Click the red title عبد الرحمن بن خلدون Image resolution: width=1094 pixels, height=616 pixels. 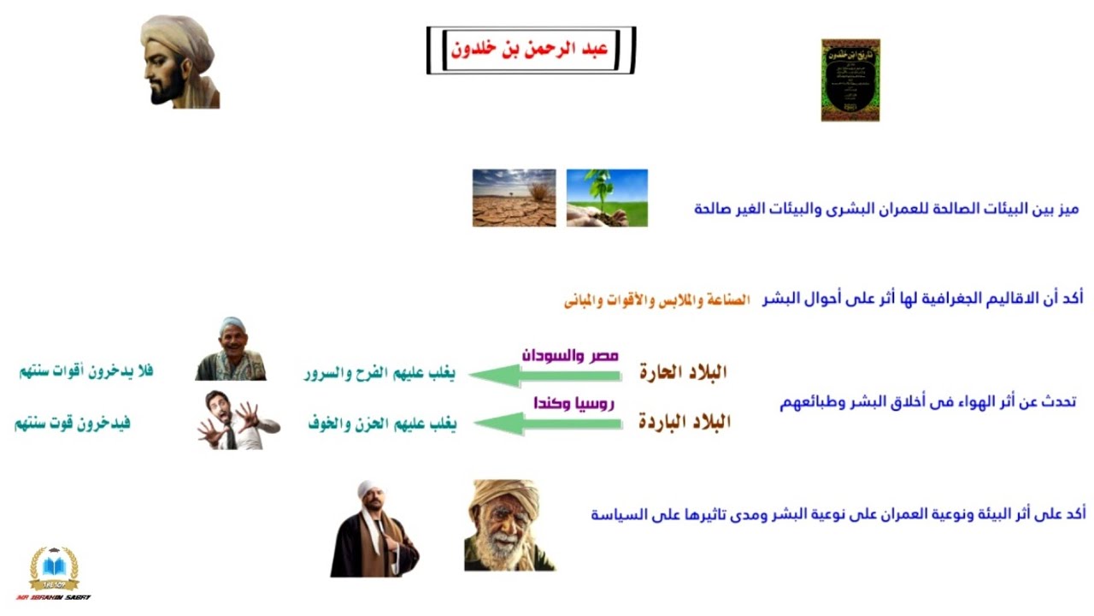coord(531,50)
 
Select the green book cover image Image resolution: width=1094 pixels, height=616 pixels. coord(850,80)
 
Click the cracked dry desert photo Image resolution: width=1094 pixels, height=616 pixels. coord(514,198)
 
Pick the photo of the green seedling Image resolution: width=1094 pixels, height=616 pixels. coord(607,198)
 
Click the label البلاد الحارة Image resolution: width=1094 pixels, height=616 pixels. coord(683,372)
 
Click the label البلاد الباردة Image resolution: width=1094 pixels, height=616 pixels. coord(685,422)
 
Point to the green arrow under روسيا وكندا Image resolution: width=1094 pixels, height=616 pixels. coord(547,423)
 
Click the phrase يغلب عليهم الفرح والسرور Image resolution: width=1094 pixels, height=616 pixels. coord(379,373)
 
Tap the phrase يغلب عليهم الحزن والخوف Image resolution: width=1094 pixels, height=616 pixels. coord(382,423)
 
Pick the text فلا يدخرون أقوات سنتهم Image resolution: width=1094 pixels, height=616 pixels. coord(86,371)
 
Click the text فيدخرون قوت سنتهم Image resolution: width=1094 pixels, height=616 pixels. coord(73,423)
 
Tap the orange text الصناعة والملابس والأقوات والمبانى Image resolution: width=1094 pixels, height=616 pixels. coord(656,300)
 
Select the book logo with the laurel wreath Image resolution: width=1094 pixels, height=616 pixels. coord(54,568)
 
